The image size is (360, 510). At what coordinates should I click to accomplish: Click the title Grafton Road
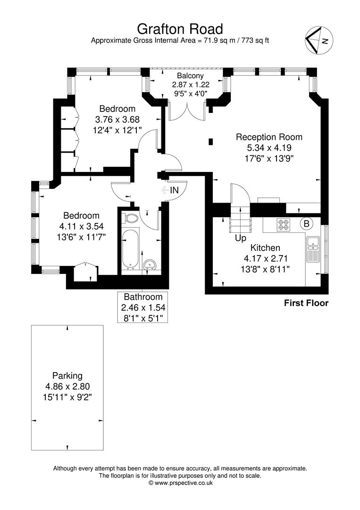[x=180, y=29]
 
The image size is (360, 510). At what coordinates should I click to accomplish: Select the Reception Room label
[x=269, y=137]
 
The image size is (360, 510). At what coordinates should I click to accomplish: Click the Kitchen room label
[x=265, y=248]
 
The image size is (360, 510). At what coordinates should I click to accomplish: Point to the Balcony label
[x=191, y=76]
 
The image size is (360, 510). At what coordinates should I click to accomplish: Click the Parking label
[x=67, y=376]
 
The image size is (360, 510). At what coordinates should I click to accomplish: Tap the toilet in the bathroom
[x=129, y=218]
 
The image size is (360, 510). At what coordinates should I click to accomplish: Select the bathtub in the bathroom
[x=130, y=249]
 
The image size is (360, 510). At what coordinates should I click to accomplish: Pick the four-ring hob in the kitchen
[x=283, y=225]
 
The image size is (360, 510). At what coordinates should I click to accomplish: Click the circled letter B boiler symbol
[x=306, y=224]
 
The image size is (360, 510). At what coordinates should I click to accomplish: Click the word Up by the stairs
[x=241, y=238]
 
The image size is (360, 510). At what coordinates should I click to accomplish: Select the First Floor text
[x=306, y=303]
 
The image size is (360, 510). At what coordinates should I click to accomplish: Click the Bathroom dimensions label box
[x=142, y=307]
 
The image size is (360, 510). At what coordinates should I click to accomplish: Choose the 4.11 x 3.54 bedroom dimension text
[x=81, y=226]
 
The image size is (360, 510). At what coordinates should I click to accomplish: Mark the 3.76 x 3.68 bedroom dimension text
[x=117, y=119]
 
